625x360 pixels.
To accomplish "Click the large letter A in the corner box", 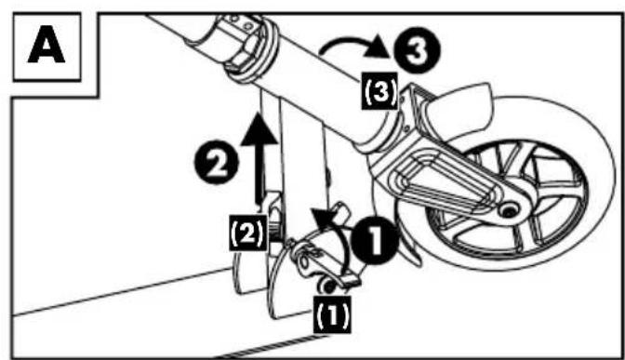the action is tap(47, 45).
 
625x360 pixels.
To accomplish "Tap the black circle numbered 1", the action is tap(375, 240).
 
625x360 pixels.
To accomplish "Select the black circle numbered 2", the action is tap(217, 162).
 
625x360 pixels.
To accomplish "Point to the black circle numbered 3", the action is tap(417, 50).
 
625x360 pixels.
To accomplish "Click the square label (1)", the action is tap(332, 314).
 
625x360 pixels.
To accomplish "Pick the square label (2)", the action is tap(248, 233).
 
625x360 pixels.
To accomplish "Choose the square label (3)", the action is tap(380, 90).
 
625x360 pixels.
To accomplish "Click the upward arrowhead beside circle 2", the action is tap(259, 128).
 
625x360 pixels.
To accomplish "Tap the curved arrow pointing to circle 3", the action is tap(351, 41).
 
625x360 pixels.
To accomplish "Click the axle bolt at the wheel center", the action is tap(509, 209).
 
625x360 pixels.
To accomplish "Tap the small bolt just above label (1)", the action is tap(328, 287).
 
